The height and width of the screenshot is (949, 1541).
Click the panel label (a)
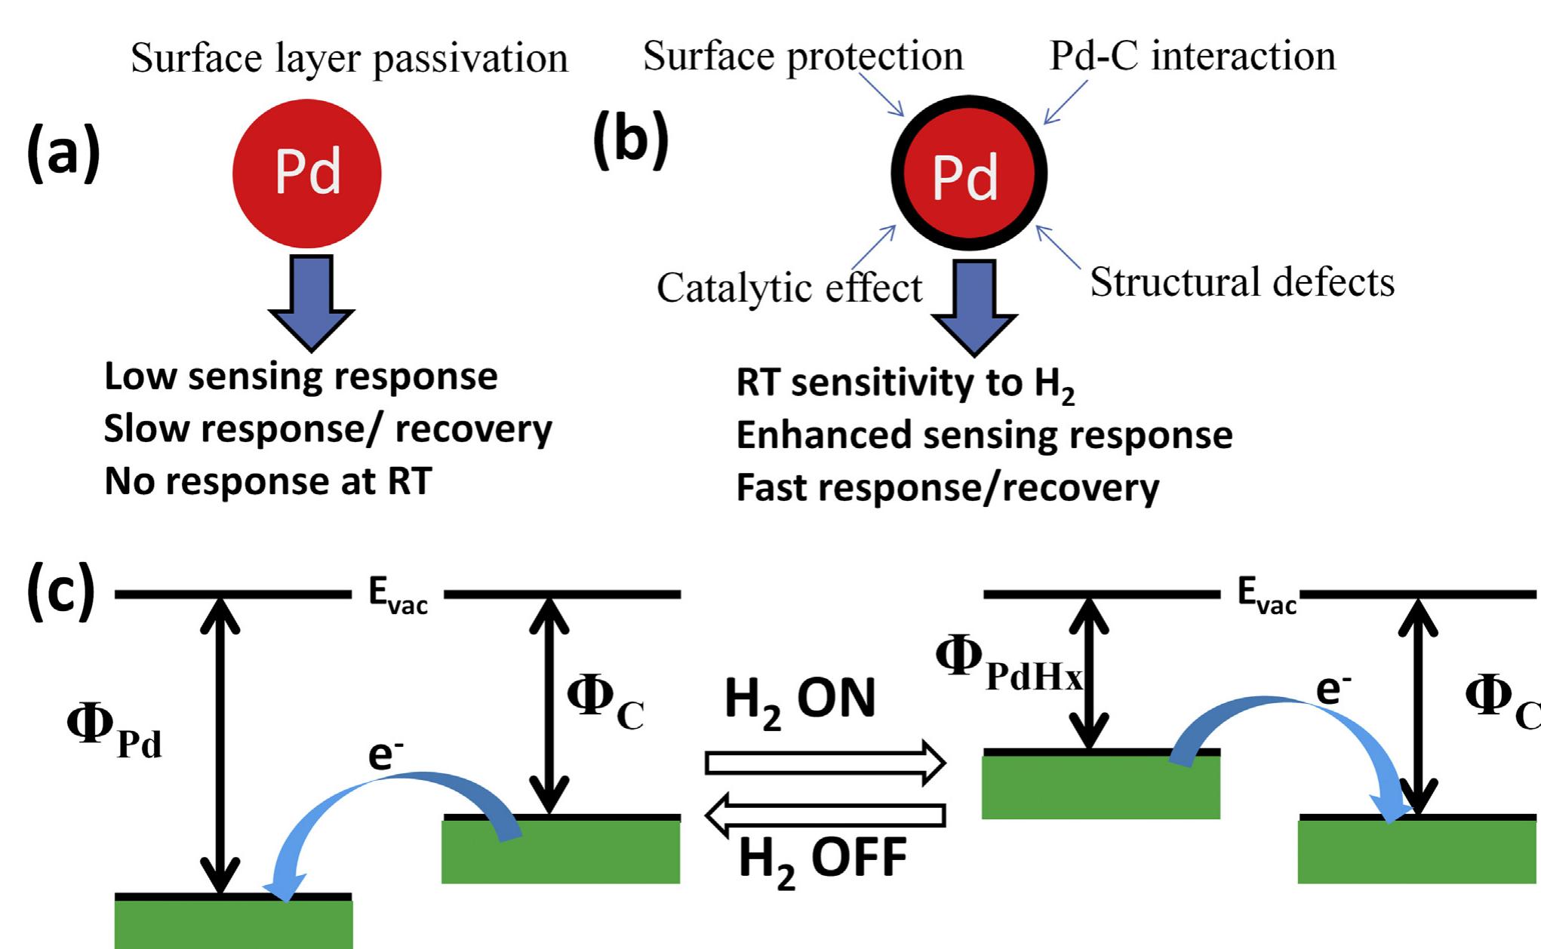(x=63, y=153)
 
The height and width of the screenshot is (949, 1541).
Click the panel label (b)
(x=630, y=140)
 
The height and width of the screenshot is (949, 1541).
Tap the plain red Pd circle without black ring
(x=306, y=174)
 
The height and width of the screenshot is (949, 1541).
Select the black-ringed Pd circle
(x=968, y=174)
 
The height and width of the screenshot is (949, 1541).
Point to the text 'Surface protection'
(x=803, y=57)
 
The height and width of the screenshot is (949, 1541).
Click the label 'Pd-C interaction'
(x=1192, y=56)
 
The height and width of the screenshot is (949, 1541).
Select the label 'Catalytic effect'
(x=789, y=288)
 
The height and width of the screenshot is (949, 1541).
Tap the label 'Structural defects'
(x=1242, y=282)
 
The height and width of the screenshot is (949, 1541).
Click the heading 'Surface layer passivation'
(x=349, y=59)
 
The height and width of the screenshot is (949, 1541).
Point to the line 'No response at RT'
(x=268, y=481)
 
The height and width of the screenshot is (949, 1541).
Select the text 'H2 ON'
(x=799, y=699)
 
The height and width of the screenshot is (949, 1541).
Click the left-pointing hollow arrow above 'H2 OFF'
(x=825, y=815)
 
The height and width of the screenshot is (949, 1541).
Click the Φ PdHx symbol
(x=1007, y=663)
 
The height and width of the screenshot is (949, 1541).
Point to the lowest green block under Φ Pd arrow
(x=233, y=924)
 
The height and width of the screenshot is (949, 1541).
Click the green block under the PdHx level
(x=1100, y=787)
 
